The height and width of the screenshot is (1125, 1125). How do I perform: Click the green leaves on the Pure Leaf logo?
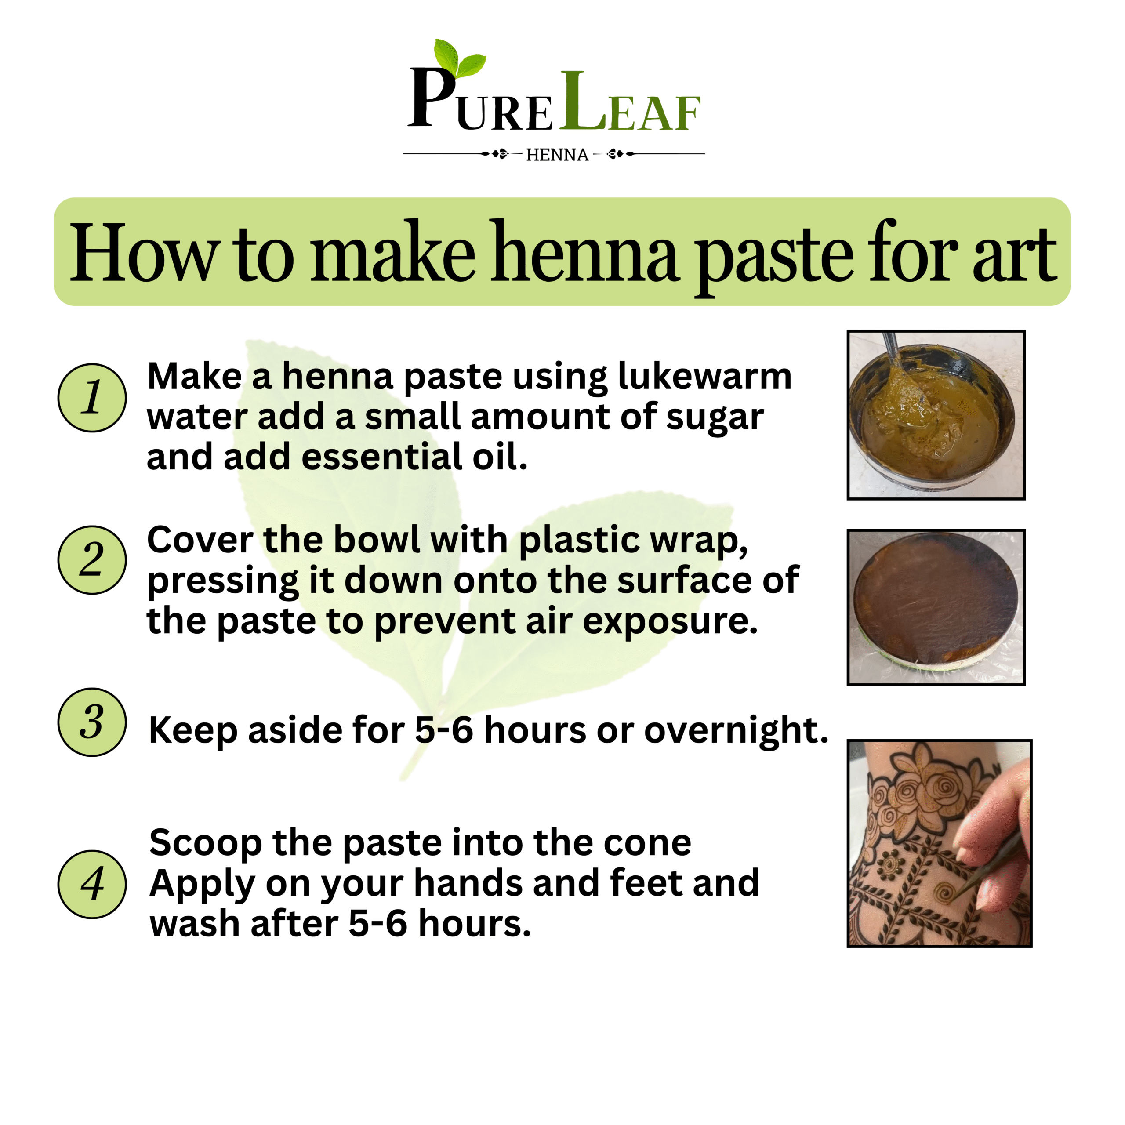tap(459, 58)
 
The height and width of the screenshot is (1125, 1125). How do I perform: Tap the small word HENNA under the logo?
tap(557, 155)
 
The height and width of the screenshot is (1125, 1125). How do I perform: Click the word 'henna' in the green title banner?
tap(584, 253)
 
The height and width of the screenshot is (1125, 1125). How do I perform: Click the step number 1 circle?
tap(92, 398)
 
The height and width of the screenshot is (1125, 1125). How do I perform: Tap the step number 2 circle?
tap(92, 560)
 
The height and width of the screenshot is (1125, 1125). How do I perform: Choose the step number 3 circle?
tap(92, 722)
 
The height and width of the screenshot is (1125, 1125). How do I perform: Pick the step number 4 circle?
tap(92, 885)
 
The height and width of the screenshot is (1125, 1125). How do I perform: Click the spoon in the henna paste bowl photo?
tap(900, 367)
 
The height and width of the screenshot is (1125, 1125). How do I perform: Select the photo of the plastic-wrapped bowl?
tap(936, 607)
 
